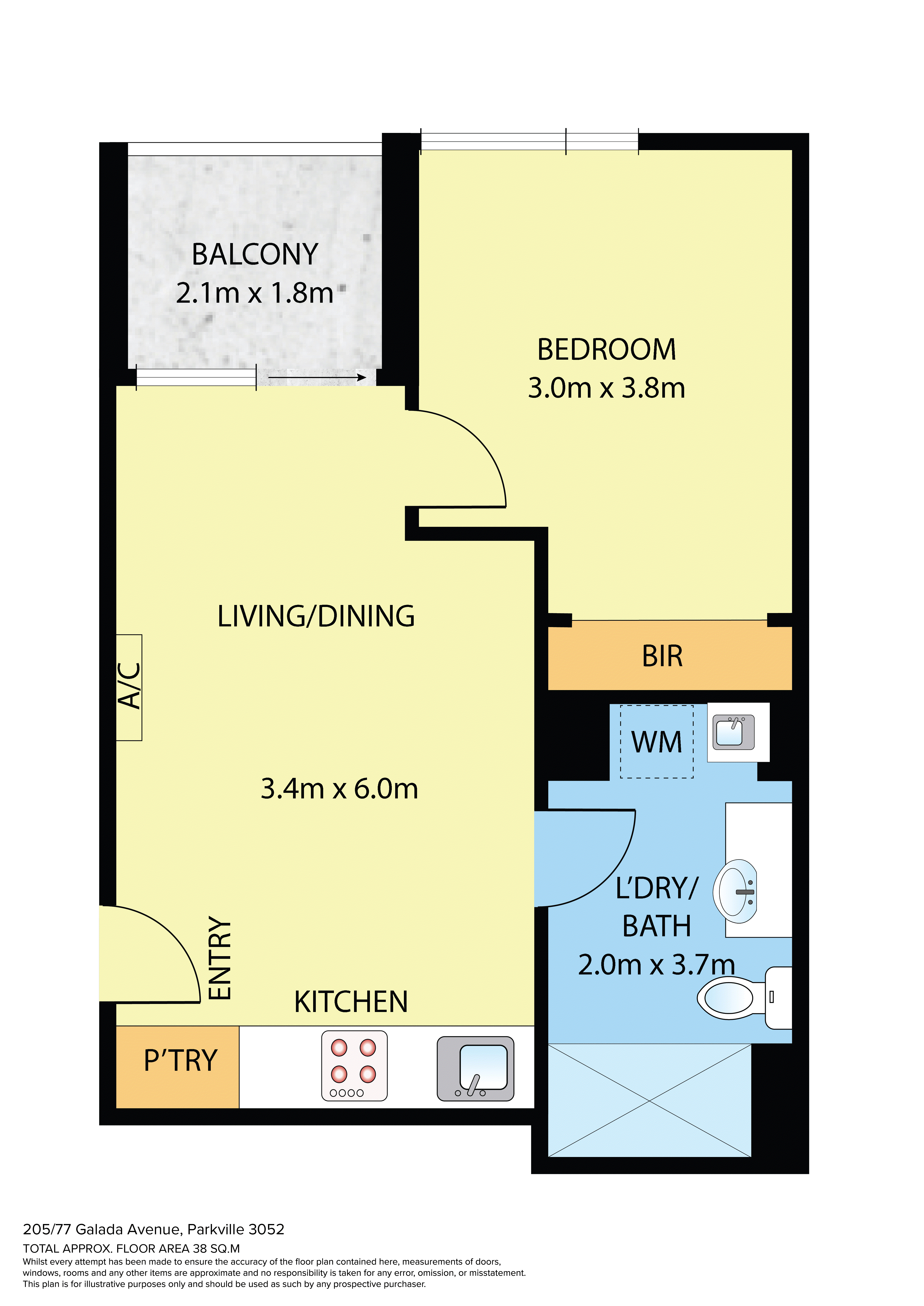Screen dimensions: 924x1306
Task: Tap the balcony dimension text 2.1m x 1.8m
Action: click(x=254, y=293)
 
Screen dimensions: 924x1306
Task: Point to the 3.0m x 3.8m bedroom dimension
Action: click(x=607, y=388)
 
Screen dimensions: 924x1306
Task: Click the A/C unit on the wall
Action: click(x=129, y=687)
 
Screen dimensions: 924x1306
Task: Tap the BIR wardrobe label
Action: click(x=662, y=656)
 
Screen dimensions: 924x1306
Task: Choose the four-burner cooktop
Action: click(x=354, y=1066)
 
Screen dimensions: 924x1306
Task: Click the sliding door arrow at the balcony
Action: click(x=317, y=377)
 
